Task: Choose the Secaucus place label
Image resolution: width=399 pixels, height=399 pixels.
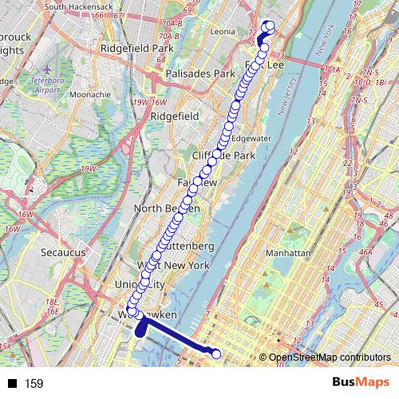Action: pyautogui.click(x=63, y=251)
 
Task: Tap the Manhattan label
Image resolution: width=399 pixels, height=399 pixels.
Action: pyautogui.click(x=287, y=253)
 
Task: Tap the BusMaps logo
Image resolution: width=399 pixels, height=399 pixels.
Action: pyautogui.click(x=361, y=382)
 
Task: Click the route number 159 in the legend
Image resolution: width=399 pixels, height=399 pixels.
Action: pyautogui.click(x=34, y=384)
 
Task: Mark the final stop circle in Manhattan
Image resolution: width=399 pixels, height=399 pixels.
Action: pyautogui.click(x=217, y=353)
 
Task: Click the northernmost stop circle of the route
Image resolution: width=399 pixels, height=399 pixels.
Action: pyautogui.click(x=269, y=26)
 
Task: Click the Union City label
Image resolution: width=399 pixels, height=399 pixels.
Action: pyautogui.click(x=139, y=285)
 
